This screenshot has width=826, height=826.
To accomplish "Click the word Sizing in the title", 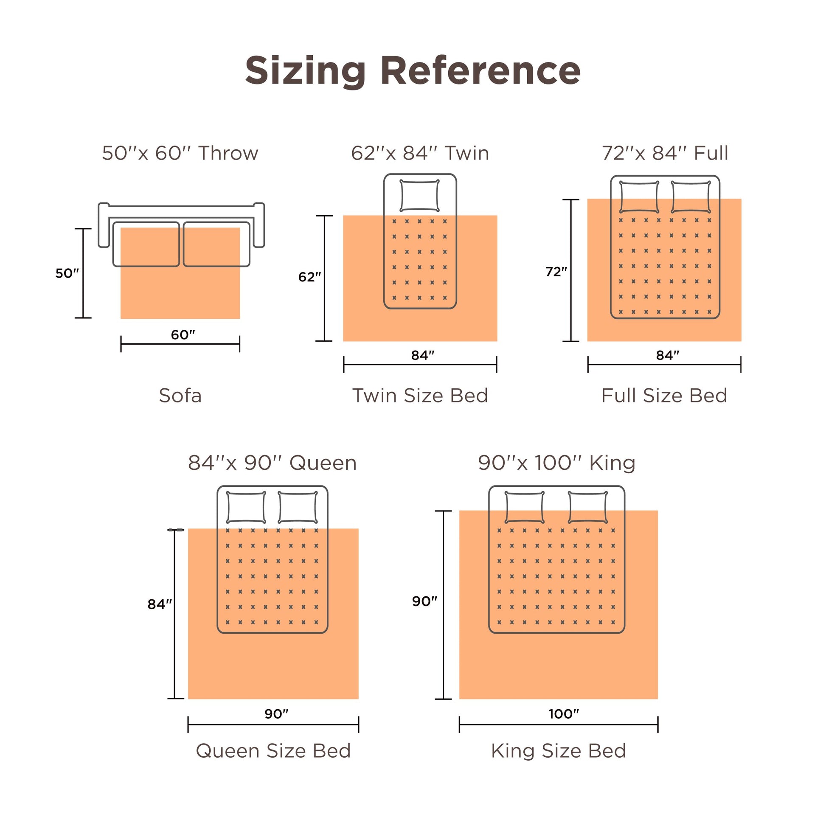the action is pos(306,71).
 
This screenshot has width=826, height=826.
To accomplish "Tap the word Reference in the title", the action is pos(480,70).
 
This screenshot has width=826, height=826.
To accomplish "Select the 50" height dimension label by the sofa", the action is pos(67,273).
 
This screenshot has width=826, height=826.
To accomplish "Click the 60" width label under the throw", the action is pos(183,334).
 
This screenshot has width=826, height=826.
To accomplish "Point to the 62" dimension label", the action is pos(309,277).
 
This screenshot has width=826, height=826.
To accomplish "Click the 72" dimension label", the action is pos(556,272).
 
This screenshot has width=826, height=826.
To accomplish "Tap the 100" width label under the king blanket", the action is pos(564,714).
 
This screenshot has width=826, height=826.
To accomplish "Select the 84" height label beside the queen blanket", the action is pos(160,604).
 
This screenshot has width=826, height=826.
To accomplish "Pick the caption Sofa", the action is pos(180,396).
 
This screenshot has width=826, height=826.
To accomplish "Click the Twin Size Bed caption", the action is pos(420,396).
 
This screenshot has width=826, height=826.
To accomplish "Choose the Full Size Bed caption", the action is pos(664,396).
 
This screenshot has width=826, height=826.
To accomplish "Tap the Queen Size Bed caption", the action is pos(273,751).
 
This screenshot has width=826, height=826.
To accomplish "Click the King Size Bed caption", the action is pos(558,751).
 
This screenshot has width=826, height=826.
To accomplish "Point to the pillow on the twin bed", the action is pos(419,195).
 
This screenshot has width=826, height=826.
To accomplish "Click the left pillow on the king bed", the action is pos(525,507).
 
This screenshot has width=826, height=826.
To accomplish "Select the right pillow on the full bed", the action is pos(691,197).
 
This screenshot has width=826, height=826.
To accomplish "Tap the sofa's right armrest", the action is pos(258,225).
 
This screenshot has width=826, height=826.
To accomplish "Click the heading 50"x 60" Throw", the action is pos(180,153).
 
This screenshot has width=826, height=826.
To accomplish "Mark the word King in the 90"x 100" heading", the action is pos(612,464).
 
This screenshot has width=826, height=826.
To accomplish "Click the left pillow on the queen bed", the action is pos(246,507).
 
